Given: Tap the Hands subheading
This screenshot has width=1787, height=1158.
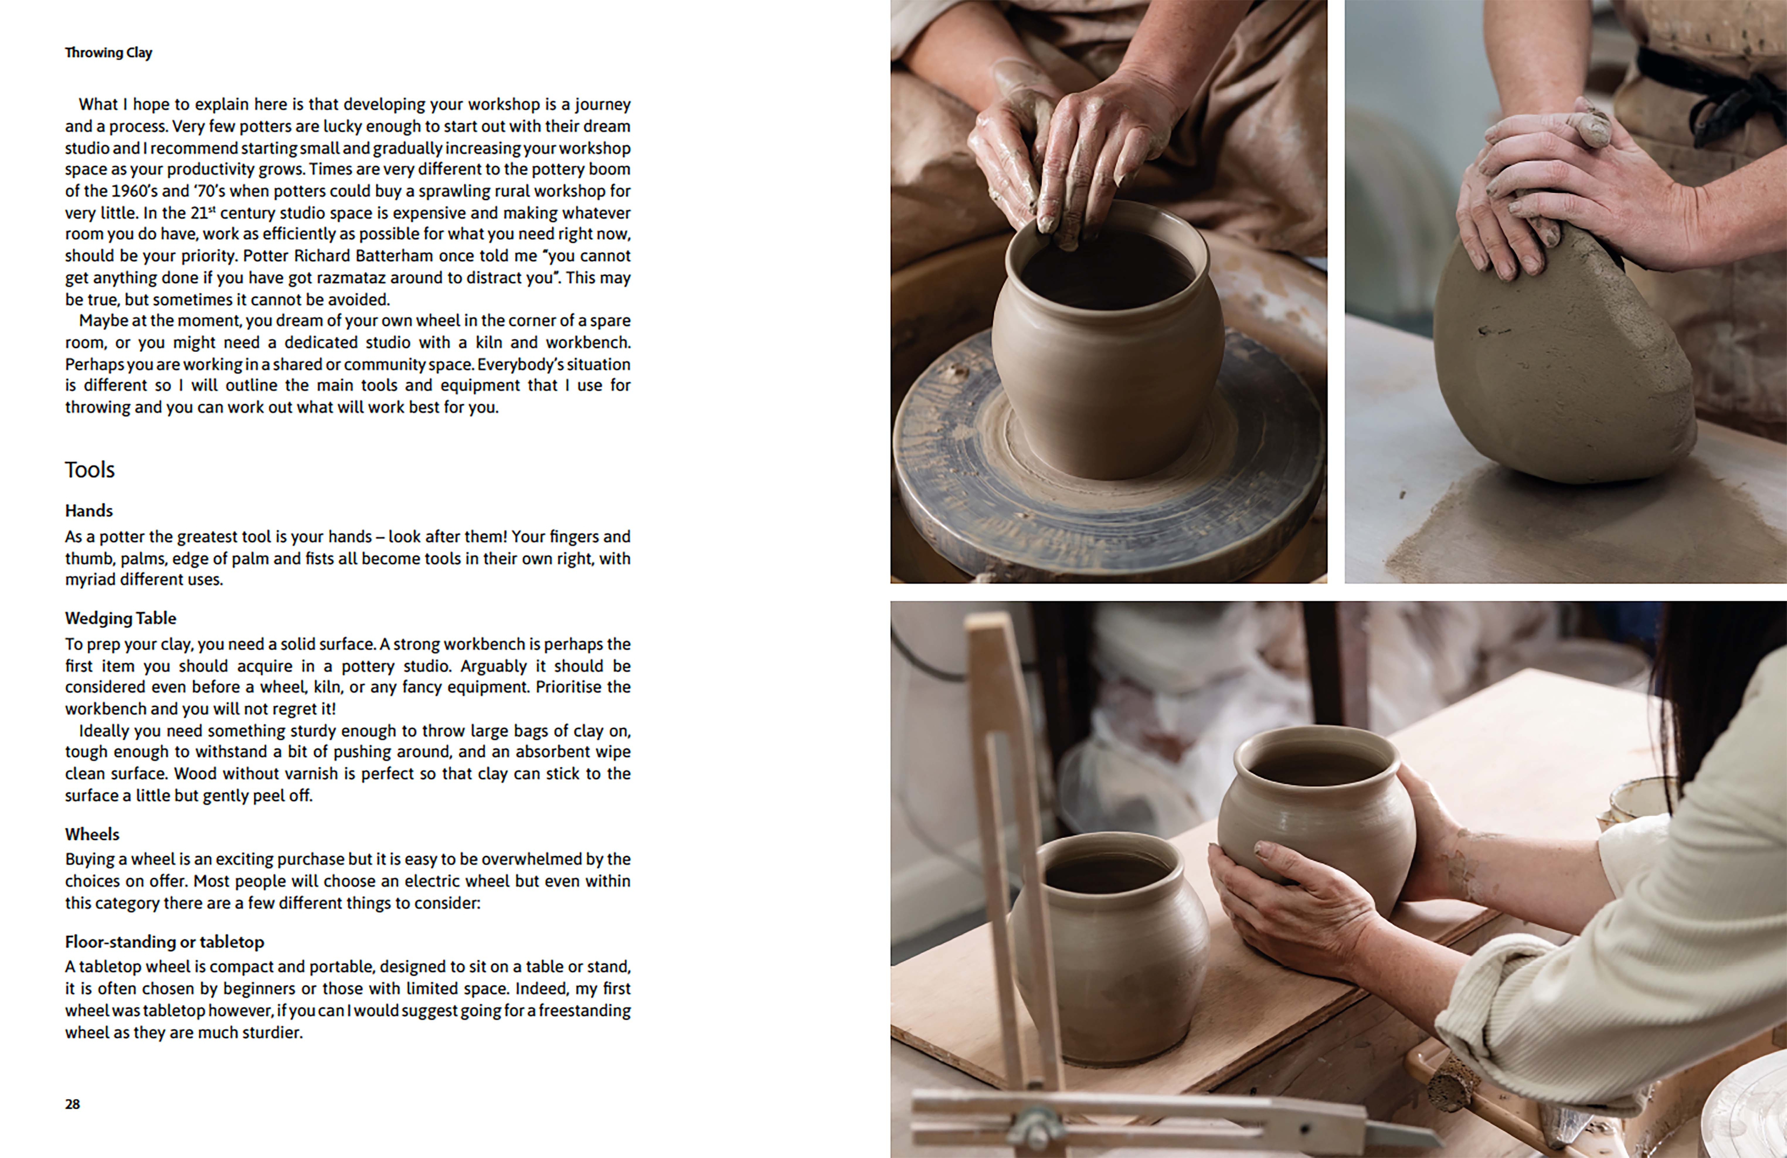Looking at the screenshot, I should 89,511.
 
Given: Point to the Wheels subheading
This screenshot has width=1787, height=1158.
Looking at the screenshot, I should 91,834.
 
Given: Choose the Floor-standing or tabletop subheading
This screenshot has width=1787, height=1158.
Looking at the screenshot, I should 164,942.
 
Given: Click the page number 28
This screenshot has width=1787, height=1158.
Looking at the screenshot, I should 72,1104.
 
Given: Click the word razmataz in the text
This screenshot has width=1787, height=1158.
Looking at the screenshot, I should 351,278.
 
